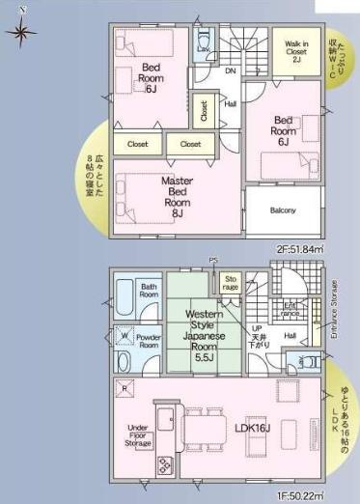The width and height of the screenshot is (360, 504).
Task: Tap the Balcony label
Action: pyautogui.click(x=283, y=210)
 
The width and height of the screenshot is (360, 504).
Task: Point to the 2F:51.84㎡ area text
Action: pyautogui.click(x=298, y=248)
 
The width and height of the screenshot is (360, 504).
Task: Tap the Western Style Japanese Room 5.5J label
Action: pyautogui.click(x=204, y=335)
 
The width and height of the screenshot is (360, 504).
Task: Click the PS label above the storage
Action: pyautogui.click(x=214, y=261)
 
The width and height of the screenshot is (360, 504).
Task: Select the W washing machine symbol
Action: pyautogui.click(x=122, y=336)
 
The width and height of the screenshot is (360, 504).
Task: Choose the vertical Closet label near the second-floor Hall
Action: pyautogui.click(x=204, y=110)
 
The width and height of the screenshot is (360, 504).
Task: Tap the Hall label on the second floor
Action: pyautogui.click(x=230, y=103)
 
